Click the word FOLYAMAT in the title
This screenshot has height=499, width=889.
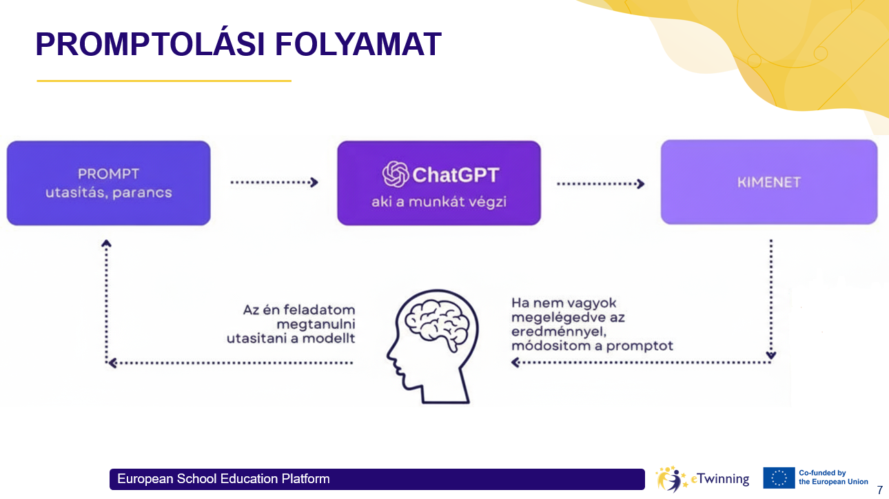358,45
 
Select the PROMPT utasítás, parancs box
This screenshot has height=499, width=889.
108,183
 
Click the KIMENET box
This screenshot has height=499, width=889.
768,183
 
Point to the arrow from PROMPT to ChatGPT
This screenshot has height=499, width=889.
274,183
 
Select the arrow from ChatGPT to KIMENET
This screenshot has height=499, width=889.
600,183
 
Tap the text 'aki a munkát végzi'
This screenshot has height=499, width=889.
439,203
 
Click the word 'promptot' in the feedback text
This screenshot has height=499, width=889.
640,345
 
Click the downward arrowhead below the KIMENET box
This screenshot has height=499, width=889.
771,356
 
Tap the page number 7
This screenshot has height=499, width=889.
879,490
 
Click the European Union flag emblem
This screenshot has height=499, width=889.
779,478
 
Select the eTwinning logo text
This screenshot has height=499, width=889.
719,478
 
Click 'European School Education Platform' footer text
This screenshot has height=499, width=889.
223,479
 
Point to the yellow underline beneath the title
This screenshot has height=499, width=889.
164,81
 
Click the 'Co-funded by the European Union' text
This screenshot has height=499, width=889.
832,477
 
